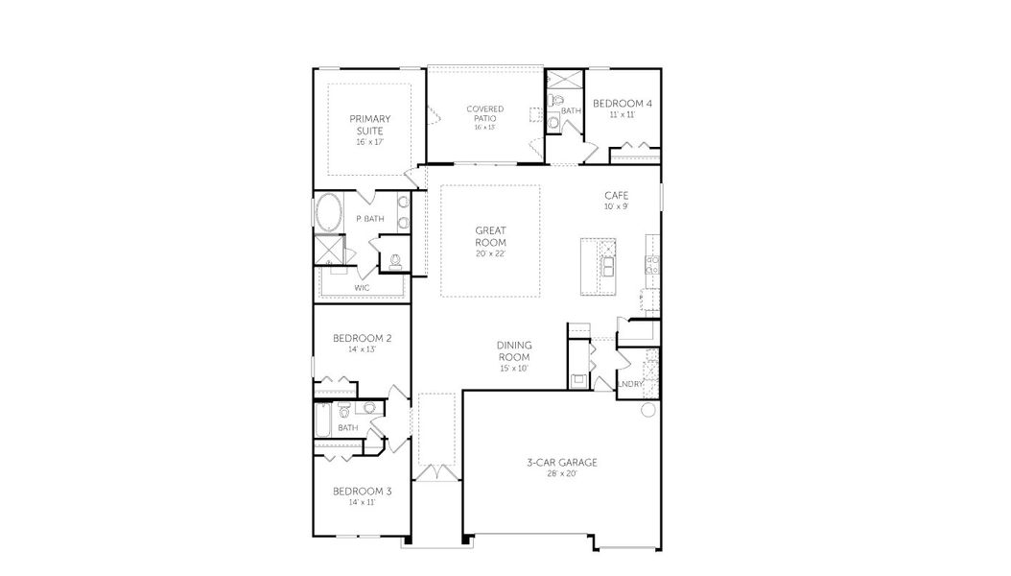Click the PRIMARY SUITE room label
click(369, 125)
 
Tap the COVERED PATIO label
click(484, 113)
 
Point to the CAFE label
click(616, 195)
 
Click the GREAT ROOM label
click(490, 236)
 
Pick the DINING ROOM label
click(514, 350)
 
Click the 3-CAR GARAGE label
click(561, 463)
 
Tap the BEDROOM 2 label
click(362, 338)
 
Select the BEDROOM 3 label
click(362, 492)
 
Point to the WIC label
click(362, 287)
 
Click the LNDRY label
click(630, 384)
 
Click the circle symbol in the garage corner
click(647, 410)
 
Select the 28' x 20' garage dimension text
click(561, 474)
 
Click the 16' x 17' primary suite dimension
click(369, 141)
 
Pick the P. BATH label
click(369, 219)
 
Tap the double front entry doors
click(436, 472)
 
